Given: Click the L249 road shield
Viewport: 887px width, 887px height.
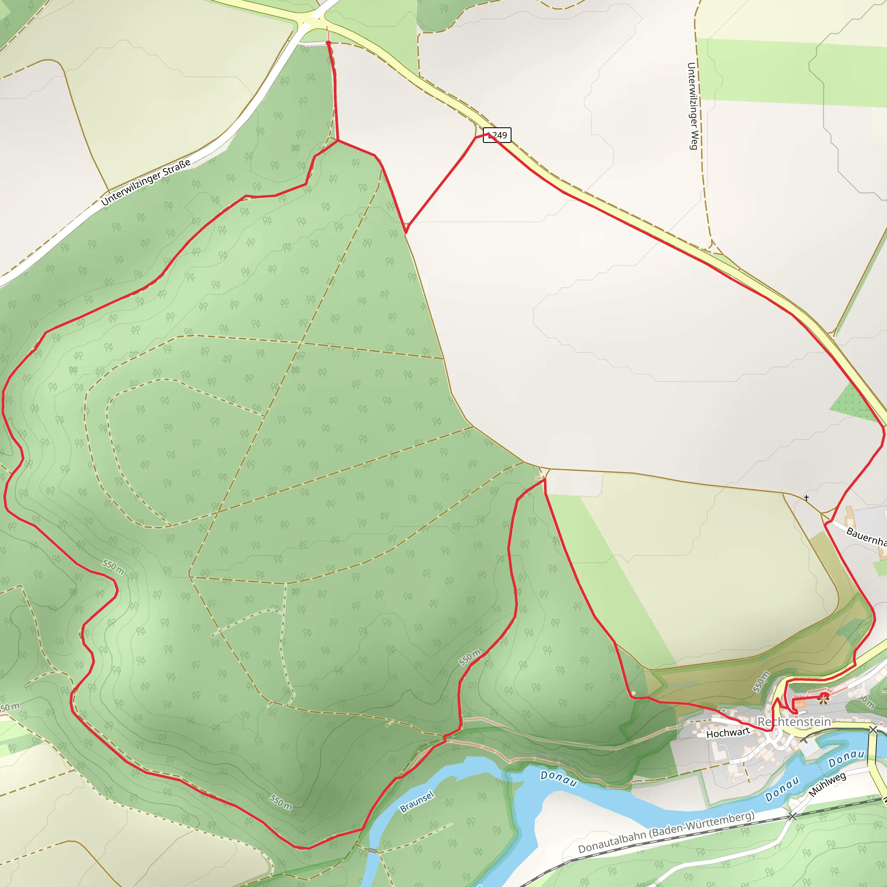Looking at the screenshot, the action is pos(497,135).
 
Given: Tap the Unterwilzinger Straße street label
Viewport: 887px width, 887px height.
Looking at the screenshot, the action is pos(146,182).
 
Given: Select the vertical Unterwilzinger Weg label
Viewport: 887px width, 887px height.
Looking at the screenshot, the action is pos(693,106).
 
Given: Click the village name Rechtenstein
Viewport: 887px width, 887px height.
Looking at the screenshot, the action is pos(794,722).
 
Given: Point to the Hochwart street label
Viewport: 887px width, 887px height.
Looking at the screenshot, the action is pos(728,733).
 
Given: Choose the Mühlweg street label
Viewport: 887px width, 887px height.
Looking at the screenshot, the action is pos(827,785).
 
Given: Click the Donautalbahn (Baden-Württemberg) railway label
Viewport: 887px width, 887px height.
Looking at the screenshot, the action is pos(666,832).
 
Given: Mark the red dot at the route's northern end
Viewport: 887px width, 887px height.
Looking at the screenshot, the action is pos(328,43).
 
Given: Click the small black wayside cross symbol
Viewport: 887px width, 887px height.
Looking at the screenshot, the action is pos(806,498).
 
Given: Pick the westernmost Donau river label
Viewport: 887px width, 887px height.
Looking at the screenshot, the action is pos(558,778).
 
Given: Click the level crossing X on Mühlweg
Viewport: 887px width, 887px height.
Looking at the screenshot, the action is pos(793,816).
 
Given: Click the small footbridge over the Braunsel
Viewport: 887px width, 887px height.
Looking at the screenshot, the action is pos(373,850).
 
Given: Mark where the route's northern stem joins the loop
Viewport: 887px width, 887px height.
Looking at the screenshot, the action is pos(338,140).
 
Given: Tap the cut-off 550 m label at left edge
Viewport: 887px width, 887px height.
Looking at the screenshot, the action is pos(9,707).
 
